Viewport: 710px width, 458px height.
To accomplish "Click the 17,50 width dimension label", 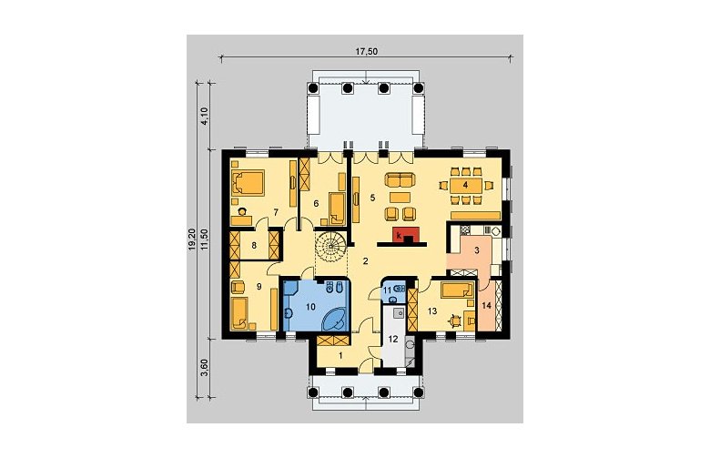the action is tap(366, 51).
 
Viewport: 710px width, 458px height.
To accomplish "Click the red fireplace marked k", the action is tap(402, 234).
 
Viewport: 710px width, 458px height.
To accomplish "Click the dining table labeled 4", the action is tap(465, 185).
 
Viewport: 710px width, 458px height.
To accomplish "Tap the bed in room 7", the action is tap(248, 183).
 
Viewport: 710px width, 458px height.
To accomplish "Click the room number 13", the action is tap(432, 311).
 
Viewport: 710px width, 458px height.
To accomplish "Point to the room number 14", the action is tap(486, 306).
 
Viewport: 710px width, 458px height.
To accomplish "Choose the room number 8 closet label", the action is tap(254, 246).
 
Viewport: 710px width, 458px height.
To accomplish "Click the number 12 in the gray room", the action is tap(393, 339).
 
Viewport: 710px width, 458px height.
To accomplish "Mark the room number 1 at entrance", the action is tap(340, 356).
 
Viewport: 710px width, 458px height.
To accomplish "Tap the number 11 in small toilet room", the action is tap(388, 290).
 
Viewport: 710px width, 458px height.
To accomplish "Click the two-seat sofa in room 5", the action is tap(400, 180).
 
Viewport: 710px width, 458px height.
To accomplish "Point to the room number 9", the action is tap(259, 286).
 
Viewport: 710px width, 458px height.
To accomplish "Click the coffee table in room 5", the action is tap(400, 197).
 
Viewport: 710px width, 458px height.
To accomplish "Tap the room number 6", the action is tap(316, 203).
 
